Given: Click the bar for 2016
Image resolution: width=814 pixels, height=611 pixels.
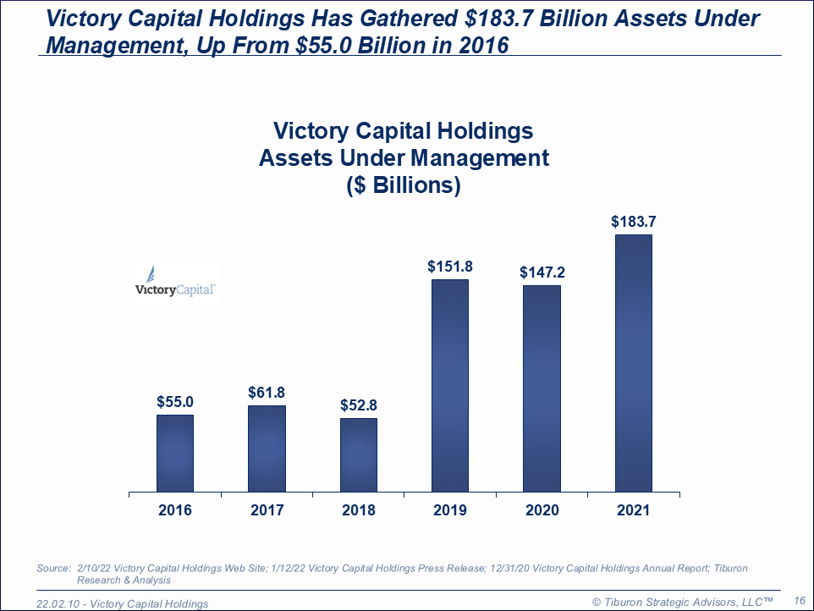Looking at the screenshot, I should [x=175, y=453].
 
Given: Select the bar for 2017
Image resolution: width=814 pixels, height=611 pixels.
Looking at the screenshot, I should [x=267, y=449].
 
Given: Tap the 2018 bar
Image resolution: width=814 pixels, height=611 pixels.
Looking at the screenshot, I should [x=359, y=454].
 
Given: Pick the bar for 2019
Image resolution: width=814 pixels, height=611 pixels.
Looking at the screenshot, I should [x=450, y=385].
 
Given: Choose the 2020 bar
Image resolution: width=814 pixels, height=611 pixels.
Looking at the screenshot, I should [x=542, y=388].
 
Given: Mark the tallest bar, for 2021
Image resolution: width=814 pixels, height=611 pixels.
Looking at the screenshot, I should [x=634, y=363].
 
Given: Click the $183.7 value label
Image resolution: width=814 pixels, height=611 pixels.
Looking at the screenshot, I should [x=634, y=223].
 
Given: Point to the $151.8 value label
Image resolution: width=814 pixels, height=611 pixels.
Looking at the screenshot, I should [x=450, y=267].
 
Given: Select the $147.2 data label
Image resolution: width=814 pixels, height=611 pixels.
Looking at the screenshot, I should [x=542, y=272].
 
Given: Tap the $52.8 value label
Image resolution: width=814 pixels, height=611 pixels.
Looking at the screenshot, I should [x=359, y=405].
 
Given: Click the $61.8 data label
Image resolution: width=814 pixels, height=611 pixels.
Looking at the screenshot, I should [x=267, y=393].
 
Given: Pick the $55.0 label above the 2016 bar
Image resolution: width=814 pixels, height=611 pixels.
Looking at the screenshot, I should [x=175, y=402].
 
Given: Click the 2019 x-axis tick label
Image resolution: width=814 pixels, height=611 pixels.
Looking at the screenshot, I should [x=450, y=510].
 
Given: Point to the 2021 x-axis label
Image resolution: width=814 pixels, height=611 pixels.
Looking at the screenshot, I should [x=634, y=510].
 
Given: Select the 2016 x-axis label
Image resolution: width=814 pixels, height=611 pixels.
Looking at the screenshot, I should [x=175, y=510].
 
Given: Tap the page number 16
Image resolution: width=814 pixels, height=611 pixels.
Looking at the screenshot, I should [x=799, y=600].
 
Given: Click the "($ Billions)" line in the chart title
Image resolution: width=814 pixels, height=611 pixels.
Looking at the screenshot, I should [x=404, y=186].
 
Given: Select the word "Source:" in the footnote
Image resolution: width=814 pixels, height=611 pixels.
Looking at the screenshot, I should [x=54, y=569].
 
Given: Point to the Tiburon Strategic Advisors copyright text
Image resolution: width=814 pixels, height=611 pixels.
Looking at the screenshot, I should [x=682, y=601].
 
